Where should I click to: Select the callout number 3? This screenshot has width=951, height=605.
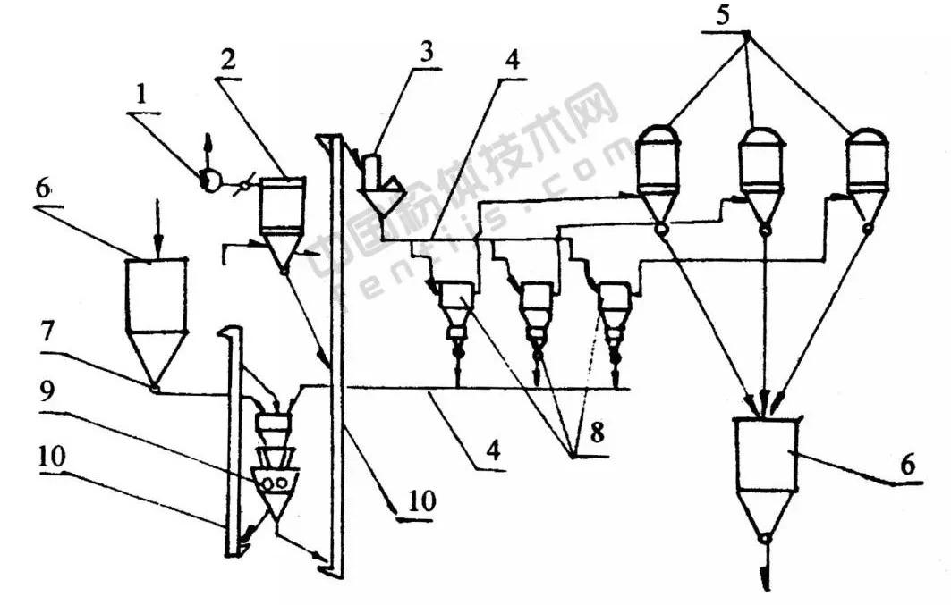pyautogui.click(x=428, y=50)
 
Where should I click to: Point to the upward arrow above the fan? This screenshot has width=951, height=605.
pyautogui.click(x=208, y=147)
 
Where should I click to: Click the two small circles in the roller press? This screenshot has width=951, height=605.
pyautogui.click(x=276, y=483)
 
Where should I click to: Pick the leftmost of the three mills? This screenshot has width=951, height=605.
pyautogui.click(x=457, y=314)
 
